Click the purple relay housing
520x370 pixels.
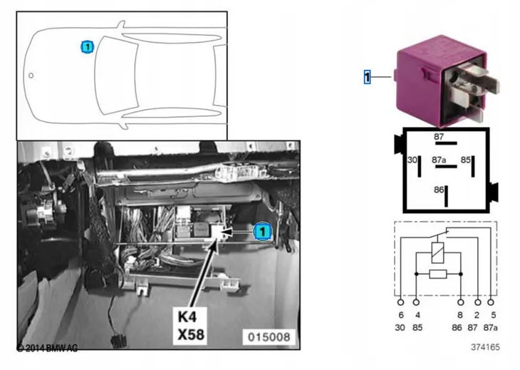441,81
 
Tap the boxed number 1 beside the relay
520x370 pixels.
367,77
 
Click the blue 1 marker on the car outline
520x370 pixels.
88,47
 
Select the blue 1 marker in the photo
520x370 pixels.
263,231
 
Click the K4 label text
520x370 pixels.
188,317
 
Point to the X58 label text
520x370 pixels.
191,334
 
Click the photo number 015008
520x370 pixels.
269,337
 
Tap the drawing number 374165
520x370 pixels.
485,347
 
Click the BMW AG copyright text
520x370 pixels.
47,348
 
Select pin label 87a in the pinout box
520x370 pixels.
439,160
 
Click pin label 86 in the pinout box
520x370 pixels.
439,190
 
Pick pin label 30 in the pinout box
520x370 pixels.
412,160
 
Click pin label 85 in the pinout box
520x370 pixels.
466,160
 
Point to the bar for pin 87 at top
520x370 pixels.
446,143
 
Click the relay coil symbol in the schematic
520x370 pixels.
438,253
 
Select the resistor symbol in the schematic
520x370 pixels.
438,274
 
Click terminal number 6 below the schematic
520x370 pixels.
401,315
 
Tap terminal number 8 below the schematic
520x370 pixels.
460,315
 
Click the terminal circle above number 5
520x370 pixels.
491,302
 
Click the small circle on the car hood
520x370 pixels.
31,76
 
